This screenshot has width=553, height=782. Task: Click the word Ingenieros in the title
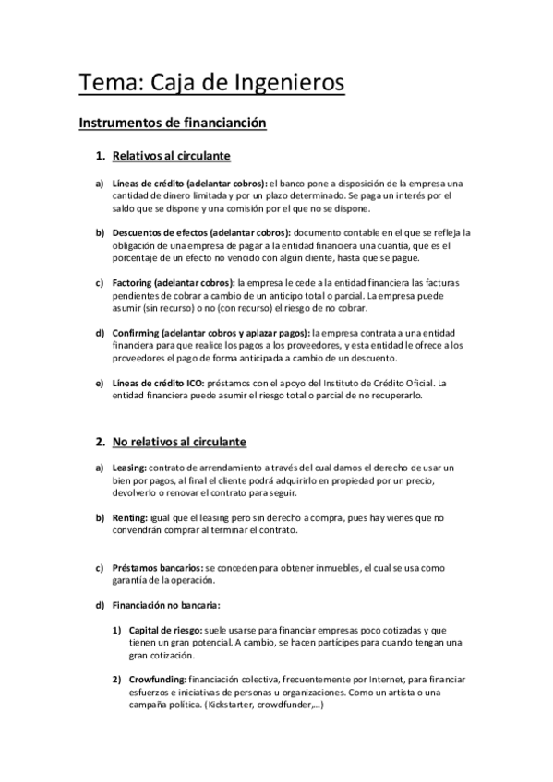(x=290, y=84)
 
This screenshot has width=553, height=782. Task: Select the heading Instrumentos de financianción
(x=173, y=122)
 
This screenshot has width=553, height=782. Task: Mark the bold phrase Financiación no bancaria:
(x=166, y=605)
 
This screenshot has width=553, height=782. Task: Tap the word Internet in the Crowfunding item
(x=371, y=679)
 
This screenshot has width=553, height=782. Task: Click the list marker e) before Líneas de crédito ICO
(x=100, y=383)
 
